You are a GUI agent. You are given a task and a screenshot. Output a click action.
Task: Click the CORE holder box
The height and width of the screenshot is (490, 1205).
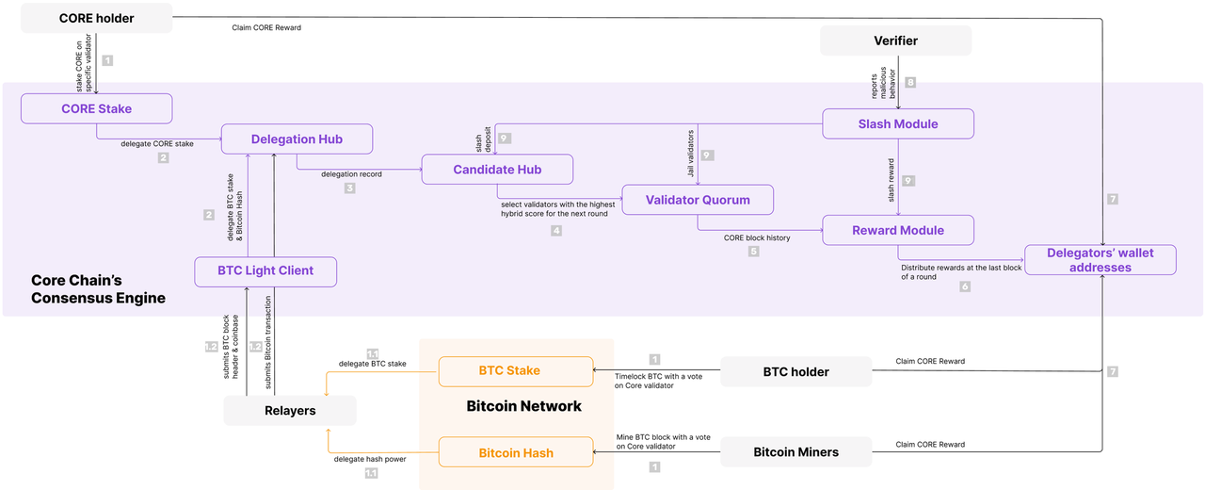96,18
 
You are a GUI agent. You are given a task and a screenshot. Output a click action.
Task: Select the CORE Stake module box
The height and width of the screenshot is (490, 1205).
96,108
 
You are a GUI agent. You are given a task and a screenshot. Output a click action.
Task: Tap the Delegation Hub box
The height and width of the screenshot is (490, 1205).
297,139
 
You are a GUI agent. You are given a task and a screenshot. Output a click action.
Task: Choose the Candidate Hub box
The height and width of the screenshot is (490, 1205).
497,169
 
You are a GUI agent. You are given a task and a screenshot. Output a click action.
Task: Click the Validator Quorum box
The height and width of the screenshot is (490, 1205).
698,200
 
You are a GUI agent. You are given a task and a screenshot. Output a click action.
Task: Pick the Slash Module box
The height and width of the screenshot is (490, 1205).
898,123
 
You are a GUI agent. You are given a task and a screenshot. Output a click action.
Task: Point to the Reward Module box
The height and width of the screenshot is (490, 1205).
898,230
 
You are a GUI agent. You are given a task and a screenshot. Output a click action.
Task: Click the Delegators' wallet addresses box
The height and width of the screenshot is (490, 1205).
1101,260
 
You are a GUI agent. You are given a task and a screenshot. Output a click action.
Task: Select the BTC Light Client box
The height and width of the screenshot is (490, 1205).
265,271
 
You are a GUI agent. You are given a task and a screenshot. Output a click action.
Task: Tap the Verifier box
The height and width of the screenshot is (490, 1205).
895,41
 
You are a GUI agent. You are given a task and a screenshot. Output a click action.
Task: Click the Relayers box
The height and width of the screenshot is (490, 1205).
290,410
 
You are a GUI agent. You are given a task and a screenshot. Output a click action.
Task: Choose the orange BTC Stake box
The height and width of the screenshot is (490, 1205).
516,371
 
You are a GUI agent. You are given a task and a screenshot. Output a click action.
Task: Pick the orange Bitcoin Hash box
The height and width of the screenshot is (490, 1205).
516,452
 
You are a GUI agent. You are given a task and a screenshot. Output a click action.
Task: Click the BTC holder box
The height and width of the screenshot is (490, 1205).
795,371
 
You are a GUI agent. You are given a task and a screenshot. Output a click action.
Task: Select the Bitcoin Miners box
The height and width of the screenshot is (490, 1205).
795,451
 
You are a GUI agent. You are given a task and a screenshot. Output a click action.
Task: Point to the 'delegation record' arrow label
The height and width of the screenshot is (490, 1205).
351,174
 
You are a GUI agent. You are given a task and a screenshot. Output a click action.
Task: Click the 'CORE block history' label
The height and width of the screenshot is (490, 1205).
756,237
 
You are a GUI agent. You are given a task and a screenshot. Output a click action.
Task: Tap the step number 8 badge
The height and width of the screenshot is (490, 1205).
910,82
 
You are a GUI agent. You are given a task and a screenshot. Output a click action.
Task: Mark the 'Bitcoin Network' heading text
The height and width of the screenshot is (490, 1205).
523,406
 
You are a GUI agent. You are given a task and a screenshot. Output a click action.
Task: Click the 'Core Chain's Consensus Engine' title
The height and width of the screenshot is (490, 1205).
98,289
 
